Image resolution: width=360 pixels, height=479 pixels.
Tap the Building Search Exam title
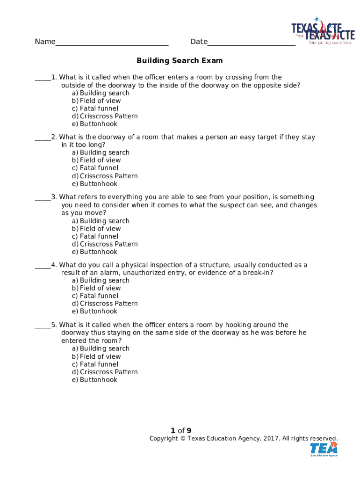(180, 61)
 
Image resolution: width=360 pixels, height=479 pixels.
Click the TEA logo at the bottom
(324, 449)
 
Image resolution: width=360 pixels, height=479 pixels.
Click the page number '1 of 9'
(181, 431)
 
